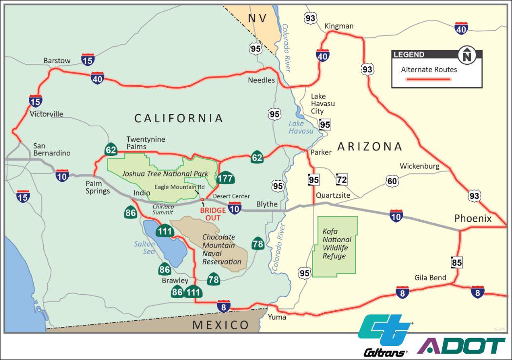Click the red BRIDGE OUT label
pyautogui.click(x=213, y=214)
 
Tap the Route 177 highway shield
pyautogui.click(x=225, y=178)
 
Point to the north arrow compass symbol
pyautogui.click(x=467, y=55)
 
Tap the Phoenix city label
pyautogui.click(x=473, y=219)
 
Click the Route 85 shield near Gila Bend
pyautogui.click(x=457, y=263)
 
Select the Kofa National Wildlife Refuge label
pyautogui.click(x=336, y=244)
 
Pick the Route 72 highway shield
pyautogui.click(x=342, y=180)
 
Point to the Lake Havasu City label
pyautogui.click(x=323, y=104)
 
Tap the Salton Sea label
pyautogui.click(x=144, y=247)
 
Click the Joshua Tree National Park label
pyautogui.click(x=165, y=173)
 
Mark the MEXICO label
pyautogui.click(x=220, y=325)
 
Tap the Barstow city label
pyautogui.click(x=57, y=61)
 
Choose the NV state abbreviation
pyautogui.click(x=257, y=19)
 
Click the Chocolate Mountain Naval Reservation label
pyautogui.click(x=222, y=249)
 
